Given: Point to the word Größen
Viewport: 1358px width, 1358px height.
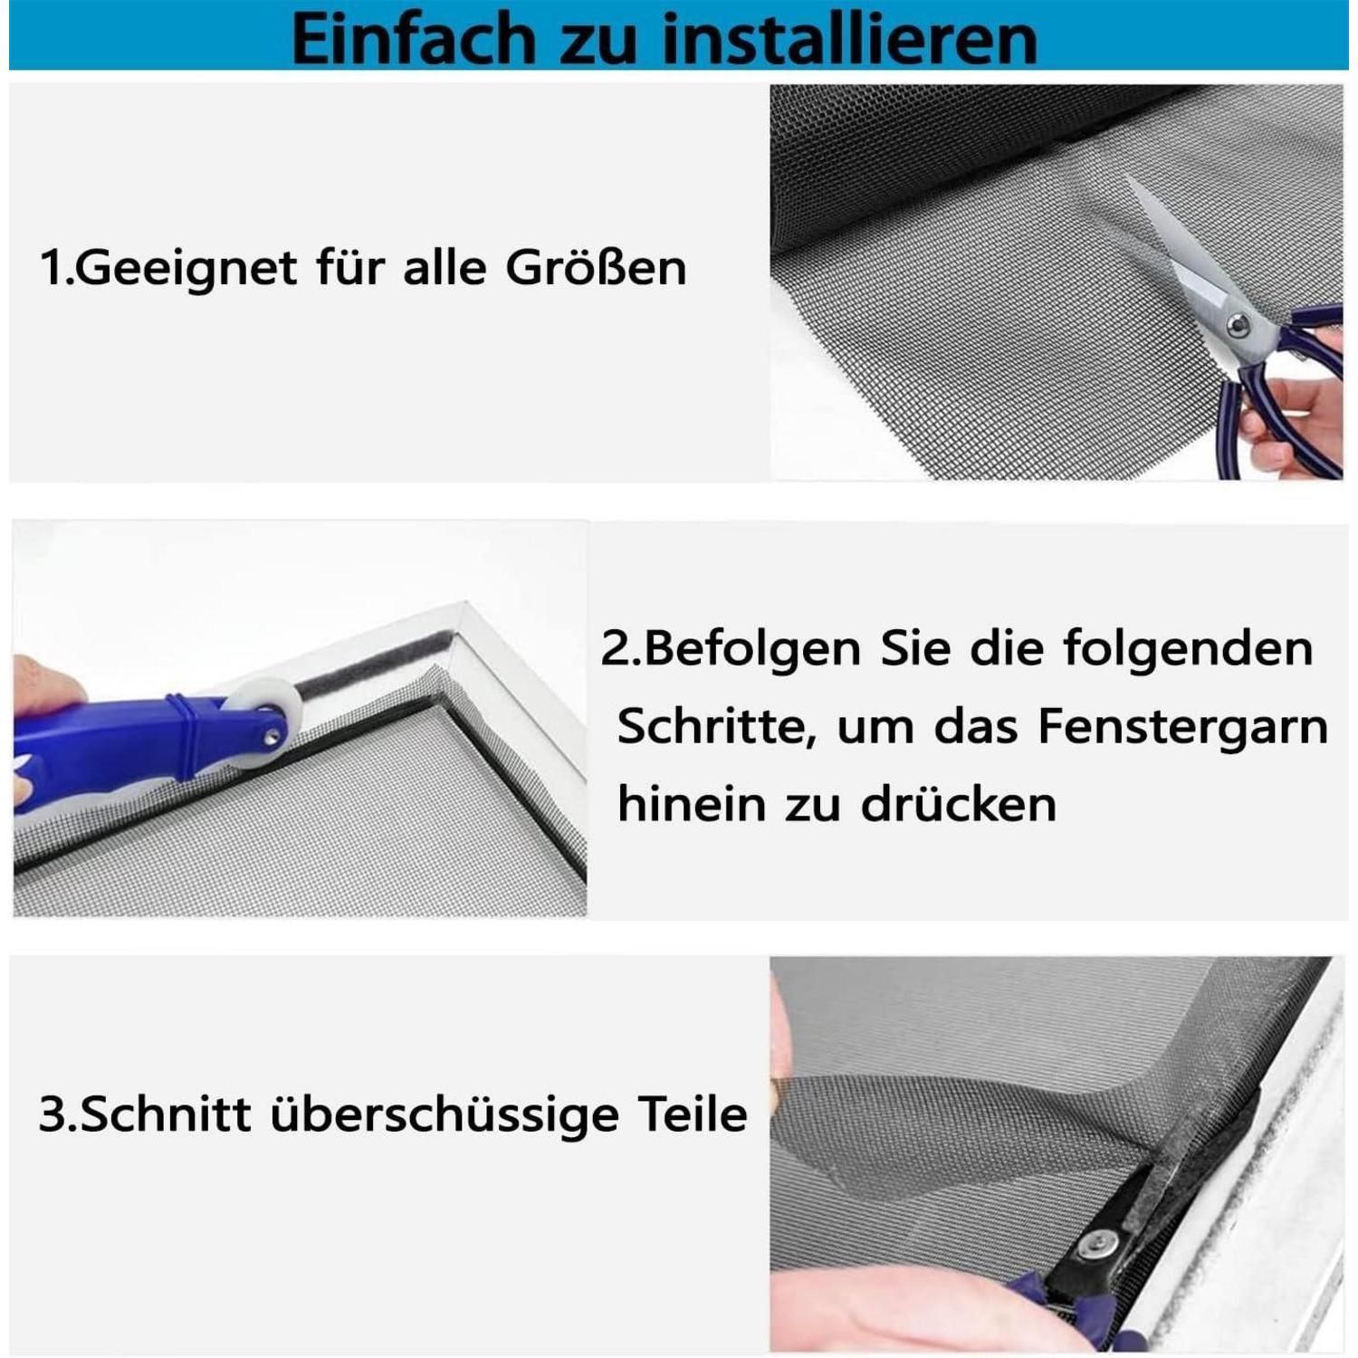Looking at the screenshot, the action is [596, 267].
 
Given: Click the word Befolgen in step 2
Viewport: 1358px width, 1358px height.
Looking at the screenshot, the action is [753, 649].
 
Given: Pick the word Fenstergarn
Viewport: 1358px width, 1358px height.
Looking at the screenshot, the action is [1183, 726].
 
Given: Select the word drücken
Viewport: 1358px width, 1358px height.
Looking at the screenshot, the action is [959, 804].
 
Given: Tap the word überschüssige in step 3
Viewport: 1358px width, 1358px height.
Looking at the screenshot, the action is [445, 1114].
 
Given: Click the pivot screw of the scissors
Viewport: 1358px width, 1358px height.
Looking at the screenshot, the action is [1237, 324].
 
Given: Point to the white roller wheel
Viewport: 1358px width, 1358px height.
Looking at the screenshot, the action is [258, 722].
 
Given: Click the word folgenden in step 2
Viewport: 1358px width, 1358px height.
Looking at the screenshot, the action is [1188, 649].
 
